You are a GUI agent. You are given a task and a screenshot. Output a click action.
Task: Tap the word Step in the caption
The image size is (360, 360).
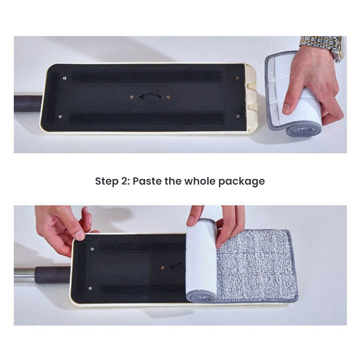pyautogui.click(x=106, y=182)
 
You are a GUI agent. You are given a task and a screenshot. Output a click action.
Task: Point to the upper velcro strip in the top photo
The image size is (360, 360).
pyautogui.click(x=147, y=76)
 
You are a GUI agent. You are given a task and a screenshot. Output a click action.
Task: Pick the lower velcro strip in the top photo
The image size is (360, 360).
pyautogui.click(x=147, y=118)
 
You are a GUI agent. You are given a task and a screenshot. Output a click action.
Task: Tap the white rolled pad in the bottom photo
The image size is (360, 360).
pyautogui.click(x=201, y=260)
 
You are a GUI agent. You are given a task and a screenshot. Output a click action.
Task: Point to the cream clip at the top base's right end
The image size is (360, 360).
pyautogui.click(x=250, y=98)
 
